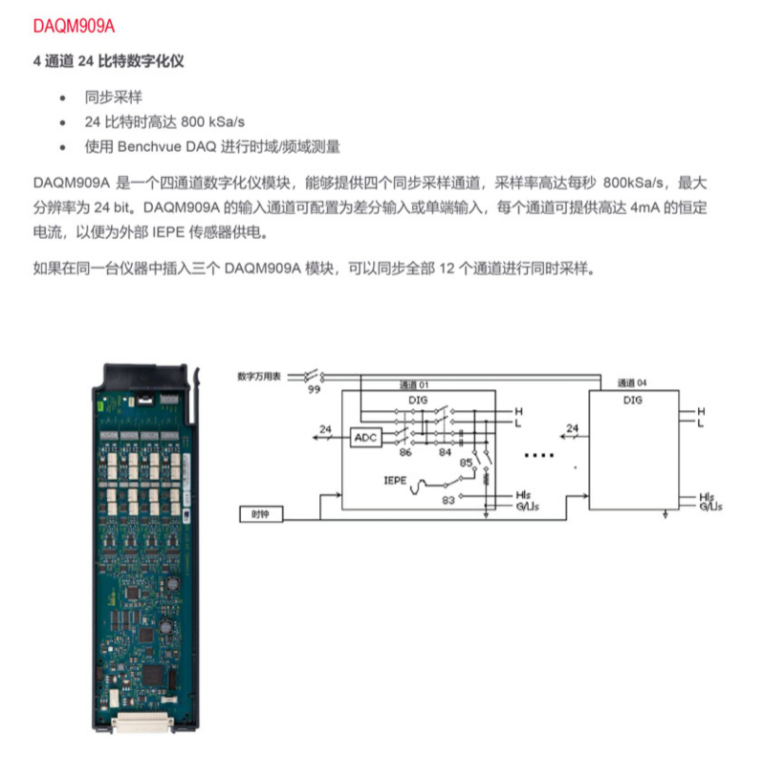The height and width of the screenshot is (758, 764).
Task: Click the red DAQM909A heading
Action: click(74, 26)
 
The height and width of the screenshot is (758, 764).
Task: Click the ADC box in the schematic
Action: click(365, 438)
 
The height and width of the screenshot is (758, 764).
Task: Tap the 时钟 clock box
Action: click(261, 514)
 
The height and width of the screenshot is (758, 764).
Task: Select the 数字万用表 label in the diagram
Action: click(259, 376)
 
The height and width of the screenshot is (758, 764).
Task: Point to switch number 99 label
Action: click(314, 389)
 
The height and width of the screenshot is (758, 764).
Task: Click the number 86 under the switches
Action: click(405, 452)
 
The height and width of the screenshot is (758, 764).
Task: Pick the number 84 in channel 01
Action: click(445, 452)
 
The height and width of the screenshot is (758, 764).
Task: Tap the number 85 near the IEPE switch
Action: click(466, 463)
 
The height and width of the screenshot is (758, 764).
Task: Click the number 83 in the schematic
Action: click(448, 500)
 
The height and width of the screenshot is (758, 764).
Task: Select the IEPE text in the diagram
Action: click(395, 481)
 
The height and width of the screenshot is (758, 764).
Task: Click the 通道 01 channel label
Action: click(414, 385)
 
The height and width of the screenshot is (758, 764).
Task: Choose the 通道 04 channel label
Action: click(632, 383)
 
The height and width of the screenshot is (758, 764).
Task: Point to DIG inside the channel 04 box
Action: click(632, 400)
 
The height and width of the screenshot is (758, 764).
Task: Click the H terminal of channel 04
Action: click(701, 412)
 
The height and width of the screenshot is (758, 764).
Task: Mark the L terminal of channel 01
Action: click(518, 422)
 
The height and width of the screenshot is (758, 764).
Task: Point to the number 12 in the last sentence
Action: click(447, 269)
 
